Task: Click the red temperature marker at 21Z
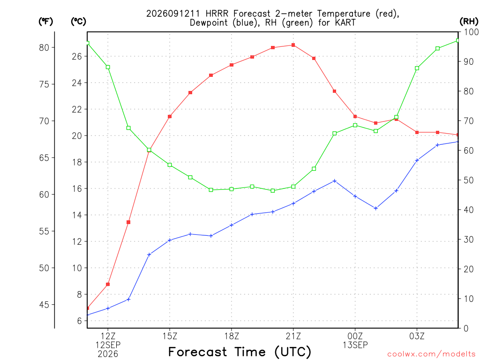pyautogui.click(x=293, y=45)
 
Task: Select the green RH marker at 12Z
pyautogui.click(x=108, y=67)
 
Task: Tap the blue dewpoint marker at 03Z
pyautogui.click(x=417, y=160)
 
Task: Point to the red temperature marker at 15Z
pyautogui.click(x=170, y=116)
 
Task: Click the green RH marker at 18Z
pyautogui.click(x=232, y=189)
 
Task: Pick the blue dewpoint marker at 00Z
pyautogui.click(x=355, y=196)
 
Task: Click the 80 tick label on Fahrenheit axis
pyautogui.click(x=44, y=48)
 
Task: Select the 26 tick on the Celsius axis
pyautogui.click(x=77, y=56)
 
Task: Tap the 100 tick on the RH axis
pyautogui.click(x=471, y=32)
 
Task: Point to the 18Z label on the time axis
pyautogui.click(x=232, y=336)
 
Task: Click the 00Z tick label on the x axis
pyautogui.click(x=355, y=336)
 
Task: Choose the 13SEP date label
pyautogui.click(x=355, y=345)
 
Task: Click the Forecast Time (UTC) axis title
pyautogui.click(x=240, y=352)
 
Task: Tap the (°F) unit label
pyautogui.click(x=45, y=22)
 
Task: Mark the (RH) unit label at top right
pyautogui.click(x=469, y=21)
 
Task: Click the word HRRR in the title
pyautogui.click(x=217, y=14)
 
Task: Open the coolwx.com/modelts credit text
pyautogui.click(x=431, y=354)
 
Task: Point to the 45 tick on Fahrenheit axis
pyautogui.click(x=44, y=305)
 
